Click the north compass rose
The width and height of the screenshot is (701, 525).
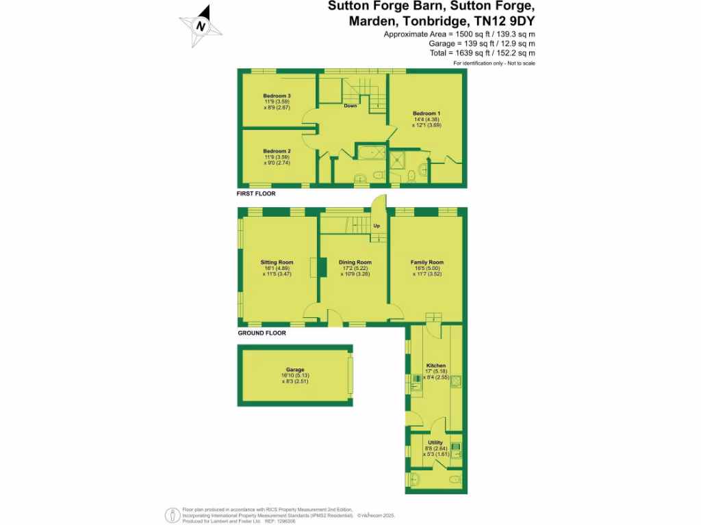click(201, 27)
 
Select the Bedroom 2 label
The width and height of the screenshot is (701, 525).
click(277, 151)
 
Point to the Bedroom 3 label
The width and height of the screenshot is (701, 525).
click(277, 96)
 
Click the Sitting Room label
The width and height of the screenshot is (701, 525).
click(277, 262)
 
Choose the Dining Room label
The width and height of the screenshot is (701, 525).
click(355, 262)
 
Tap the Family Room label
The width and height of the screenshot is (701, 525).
click(427, 262)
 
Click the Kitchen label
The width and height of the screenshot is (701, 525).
click(436, 366)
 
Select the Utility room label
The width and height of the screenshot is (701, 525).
click(435, 442)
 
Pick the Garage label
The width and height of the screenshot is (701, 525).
click(295, 370)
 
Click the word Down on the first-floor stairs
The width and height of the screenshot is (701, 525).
click(350, 106)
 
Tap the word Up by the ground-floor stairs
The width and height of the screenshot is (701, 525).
click(377, 226)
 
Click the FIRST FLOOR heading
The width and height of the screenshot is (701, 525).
click(256, 194)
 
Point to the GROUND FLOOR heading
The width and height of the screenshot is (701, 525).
click(262, 333)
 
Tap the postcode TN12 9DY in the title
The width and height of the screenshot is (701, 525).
click(505, 21)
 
